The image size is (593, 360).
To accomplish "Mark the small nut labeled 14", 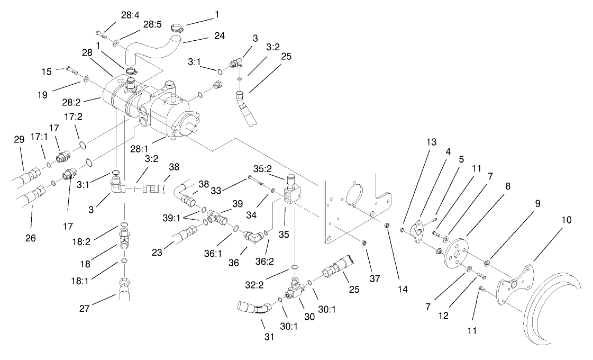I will click(x=387, y=226).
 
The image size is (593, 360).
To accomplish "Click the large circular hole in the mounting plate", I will click(x=353, y=192).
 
